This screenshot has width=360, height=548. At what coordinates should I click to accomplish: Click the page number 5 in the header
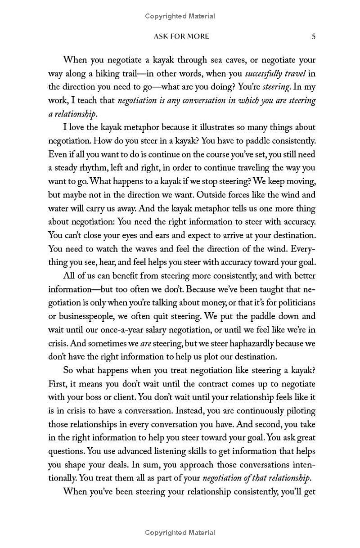tap(313, 36)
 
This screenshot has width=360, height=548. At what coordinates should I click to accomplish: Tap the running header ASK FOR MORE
tap(181, 36)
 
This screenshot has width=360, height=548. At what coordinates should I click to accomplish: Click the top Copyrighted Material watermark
tap(180, 16)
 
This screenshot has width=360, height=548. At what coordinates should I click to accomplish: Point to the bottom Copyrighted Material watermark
tap(180, 533)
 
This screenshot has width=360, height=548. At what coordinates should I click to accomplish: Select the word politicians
tap(292, 303)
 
